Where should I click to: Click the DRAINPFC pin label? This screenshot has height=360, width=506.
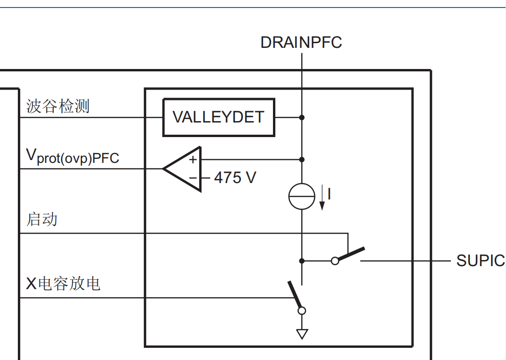[301, 43]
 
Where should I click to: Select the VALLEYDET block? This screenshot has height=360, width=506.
[219, 117]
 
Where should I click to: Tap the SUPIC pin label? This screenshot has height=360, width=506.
[481, 261]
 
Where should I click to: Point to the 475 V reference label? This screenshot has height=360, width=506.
[235, 177]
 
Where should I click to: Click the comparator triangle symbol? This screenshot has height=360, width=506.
[182, 169]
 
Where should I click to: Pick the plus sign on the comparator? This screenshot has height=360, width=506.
[193, 160]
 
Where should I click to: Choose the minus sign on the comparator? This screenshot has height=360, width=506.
[193, 177]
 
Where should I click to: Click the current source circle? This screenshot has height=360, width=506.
[302, 196]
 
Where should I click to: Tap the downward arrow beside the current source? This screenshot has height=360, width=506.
[322, 197]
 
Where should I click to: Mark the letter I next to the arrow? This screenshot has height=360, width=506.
[329, 194]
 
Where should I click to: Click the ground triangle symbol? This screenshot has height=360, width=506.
[302, 334]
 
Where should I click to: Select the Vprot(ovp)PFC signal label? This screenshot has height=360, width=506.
[73, 157]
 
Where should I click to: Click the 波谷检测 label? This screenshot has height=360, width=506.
[58, 107]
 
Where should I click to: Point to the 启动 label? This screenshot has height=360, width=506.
[42, 219]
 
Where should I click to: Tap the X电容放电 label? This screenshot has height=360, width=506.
[63, 284]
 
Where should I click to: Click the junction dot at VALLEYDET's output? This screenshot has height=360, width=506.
[302, 117]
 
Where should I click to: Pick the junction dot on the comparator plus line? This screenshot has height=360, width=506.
[302, 159]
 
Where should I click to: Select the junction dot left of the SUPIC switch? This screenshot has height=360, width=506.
[302, 261]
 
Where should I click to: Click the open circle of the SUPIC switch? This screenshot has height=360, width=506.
[335, 261]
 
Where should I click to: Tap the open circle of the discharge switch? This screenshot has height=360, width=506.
[302, 311]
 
